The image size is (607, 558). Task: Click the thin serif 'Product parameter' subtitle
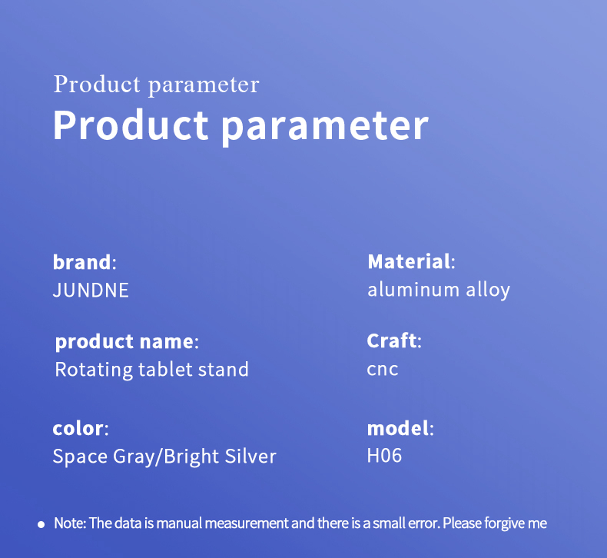click(157, 85)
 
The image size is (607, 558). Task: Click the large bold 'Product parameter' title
click(240, 126)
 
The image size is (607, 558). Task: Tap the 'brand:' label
click(85, 262)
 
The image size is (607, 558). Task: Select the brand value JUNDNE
click(91, 291)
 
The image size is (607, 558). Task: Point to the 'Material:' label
click(411, 261)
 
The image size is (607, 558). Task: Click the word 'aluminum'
click(413, 290)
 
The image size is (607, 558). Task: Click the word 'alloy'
click(488, 291)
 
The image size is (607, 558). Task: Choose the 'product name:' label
click(127, 342)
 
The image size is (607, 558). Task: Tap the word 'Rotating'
click(94, 370)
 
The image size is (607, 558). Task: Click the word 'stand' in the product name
click(224, 370)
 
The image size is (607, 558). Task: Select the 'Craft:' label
click(394, 340)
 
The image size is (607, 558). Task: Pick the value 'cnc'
click(383, 370)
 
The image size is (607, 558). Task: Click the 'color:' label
click(81, 429)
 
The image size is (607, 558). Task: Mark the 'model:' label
click(400, 428)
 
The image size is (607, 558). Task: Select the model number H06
click(384, 455)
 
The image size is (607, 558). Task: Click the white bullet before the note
click(41, 525)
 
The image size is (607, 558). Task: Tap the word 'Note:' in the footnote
click(70, 523)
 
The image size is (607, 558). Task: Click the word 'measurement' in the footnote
click(247, 523)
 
